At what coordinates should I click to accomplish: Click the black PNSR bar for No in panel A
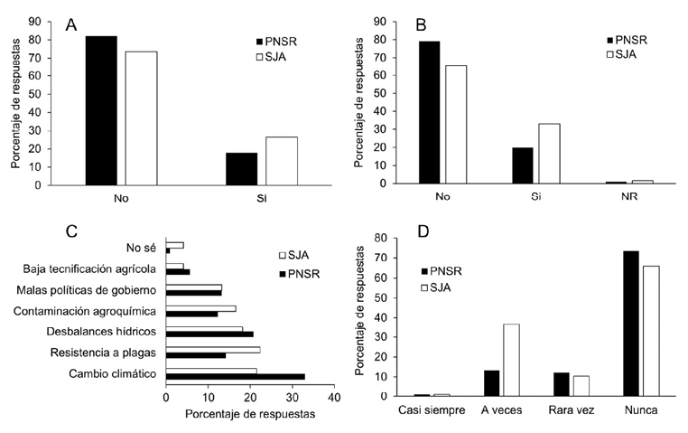pyautogui.click(x=101, y=110)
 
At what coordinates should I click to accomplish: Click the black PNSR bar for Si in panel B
pyautogui.click(x=523, y=165)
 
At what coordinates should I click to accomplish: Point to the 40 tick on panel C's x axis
pyautogui.click(x=334, y=398)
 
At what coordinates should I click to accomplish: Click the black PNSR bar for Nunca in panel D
pyautogui.click(x=630, y=323)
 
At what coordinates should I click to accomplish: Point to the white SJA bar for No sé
pyautogui.click(x=175, y=245)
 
